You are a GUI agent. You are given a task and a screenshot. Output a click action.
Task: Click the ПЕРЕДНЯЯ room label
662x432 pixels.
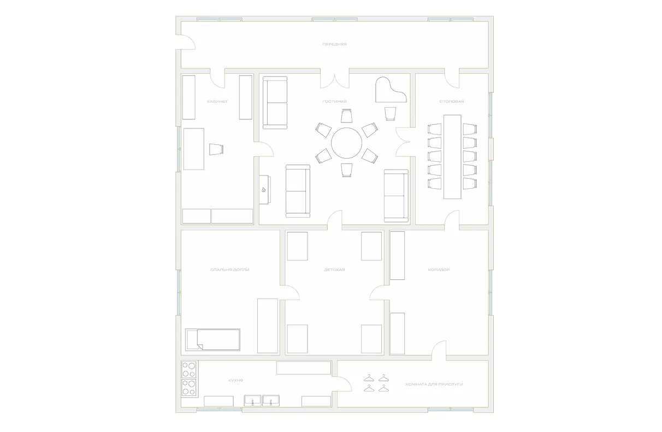[x=334, y=44]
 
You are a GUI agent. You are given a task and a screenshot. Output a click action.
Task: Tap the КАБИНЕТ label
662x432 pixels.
[x=217, y=102]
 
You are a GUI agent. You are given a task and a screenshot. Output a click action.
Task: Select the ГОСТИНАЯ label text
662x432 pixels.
[x=334, y=102]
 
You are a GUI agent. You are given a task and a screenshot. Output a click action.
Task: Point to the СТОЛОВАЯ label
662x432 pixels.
[x=452, y=102]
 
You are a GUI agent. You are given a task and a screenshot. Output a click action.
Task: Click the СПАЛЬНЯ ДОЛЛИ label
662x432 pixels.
[x=229, y=270]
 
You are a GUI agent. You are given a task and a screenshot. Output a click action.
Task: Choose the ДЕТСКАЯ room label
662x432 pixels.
[x=334, y=270]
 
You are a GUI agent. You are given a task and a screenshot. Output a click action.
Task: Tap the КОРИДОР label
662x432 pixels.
[x=439, y=270]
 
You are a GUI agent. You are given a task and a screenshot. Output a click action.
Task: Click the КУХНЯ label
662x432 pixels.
[x=235, y=381]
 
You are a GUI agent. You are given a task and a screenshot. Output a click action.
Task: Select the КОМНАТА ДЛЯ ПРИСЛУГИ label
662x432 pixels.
[x=434, y=384]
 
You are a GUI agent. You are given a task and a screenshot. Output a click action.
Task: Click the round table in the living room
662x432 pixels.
[x=346, y=143]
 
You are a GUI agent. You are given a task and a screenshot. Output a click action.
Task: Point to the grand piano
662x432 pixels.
[x=390, y=90]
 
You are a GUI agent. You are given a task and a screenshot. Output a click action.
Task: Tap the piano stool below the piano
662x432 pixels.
[x=390, y=114]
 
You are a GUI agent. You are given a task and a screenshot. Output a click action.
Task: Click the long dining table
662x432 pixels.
[x=452, y=157]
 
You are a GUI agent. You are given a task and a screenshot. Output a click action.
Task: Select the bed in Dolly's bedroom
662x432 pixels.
[x=212, y=340]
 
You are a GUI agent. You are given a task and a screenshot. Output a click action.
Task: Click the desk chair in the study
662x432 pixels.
[x=216, y=149]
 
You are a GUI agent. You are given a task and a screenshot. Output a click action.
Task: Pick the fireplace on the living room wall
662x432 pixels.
[x=264, y=190]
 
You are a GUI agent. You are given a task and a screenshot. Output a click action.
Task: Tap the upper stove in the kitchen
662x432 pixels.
[x=188, y=370]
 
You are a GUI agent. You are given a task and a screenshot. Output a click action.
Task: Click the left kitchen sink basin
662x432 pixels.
[x=253, y=401]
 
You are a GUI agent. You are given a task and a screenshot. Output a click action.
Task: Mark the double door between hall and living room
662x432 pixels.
[x=334, y=80]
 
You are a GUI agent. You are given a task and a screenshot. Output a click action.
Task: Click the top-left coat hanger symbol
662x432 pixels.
[x=369, y=378]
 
